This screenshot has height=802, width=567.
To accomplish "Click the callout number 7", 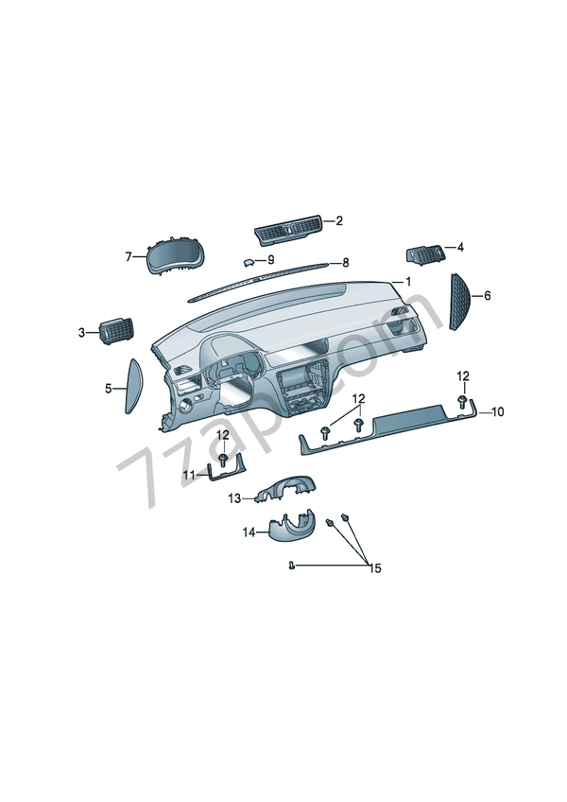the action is coord(129,256).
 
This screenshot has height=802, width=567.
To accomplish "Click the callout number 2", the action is coord(339,221).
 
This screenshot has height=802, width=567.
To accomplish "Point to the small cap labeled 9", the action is coord(249,262).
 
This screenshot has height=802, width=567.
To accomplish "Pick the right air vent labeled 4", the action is coord(424,253).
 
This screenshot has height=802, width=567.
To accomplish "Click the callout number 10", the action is coord(497,411).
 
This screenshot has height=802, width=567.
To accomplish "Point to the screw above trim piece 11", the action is coord(223,459).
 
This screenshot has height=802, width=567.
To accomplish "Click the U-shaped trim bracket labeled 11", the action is coord(227,473).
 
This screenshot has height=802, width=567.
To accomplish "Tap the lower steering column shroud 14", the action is coord(291,526).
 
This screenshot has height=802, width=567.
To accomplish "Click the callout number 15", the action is coord(375,568).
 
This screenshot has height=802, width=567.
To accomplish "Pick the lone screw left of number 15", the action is coord(291,566).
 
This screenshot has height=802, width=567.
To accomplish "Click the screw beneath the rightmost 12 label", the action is coord(462,400).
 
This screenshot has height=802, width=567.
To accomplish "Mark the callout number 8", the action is coord(346,263).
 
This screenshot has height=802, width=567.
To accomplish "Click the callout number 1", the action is coord(408,282).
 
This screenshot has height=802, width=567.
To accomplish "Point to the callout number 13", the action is coord(234,498).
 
